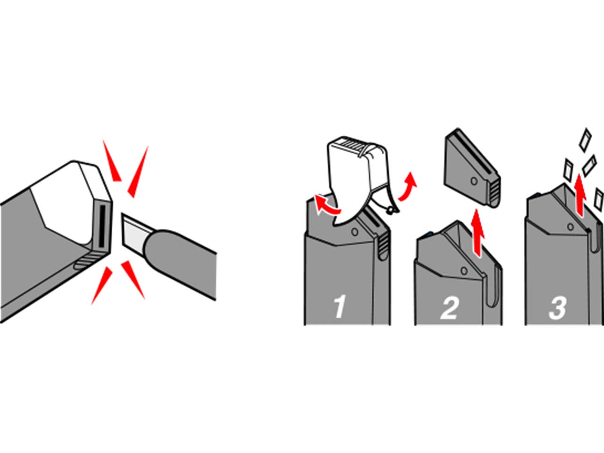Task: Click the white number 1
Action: point(340,307)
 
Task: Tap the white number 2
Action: point(449,308)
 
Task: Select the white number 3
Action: point(557,308)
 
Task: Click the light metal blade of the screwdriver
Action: point(135,230)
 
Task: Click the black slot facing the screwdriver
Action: point(101,226)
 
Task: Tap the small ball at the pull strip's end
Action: point(390,211)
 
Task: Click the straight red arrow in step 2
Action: point(478,233)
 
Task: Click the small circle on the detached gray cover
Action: point(474,181)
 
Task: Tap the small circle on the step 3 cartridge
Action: point(570,227)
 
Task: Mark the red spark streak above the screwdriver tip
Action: point(138,172)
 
